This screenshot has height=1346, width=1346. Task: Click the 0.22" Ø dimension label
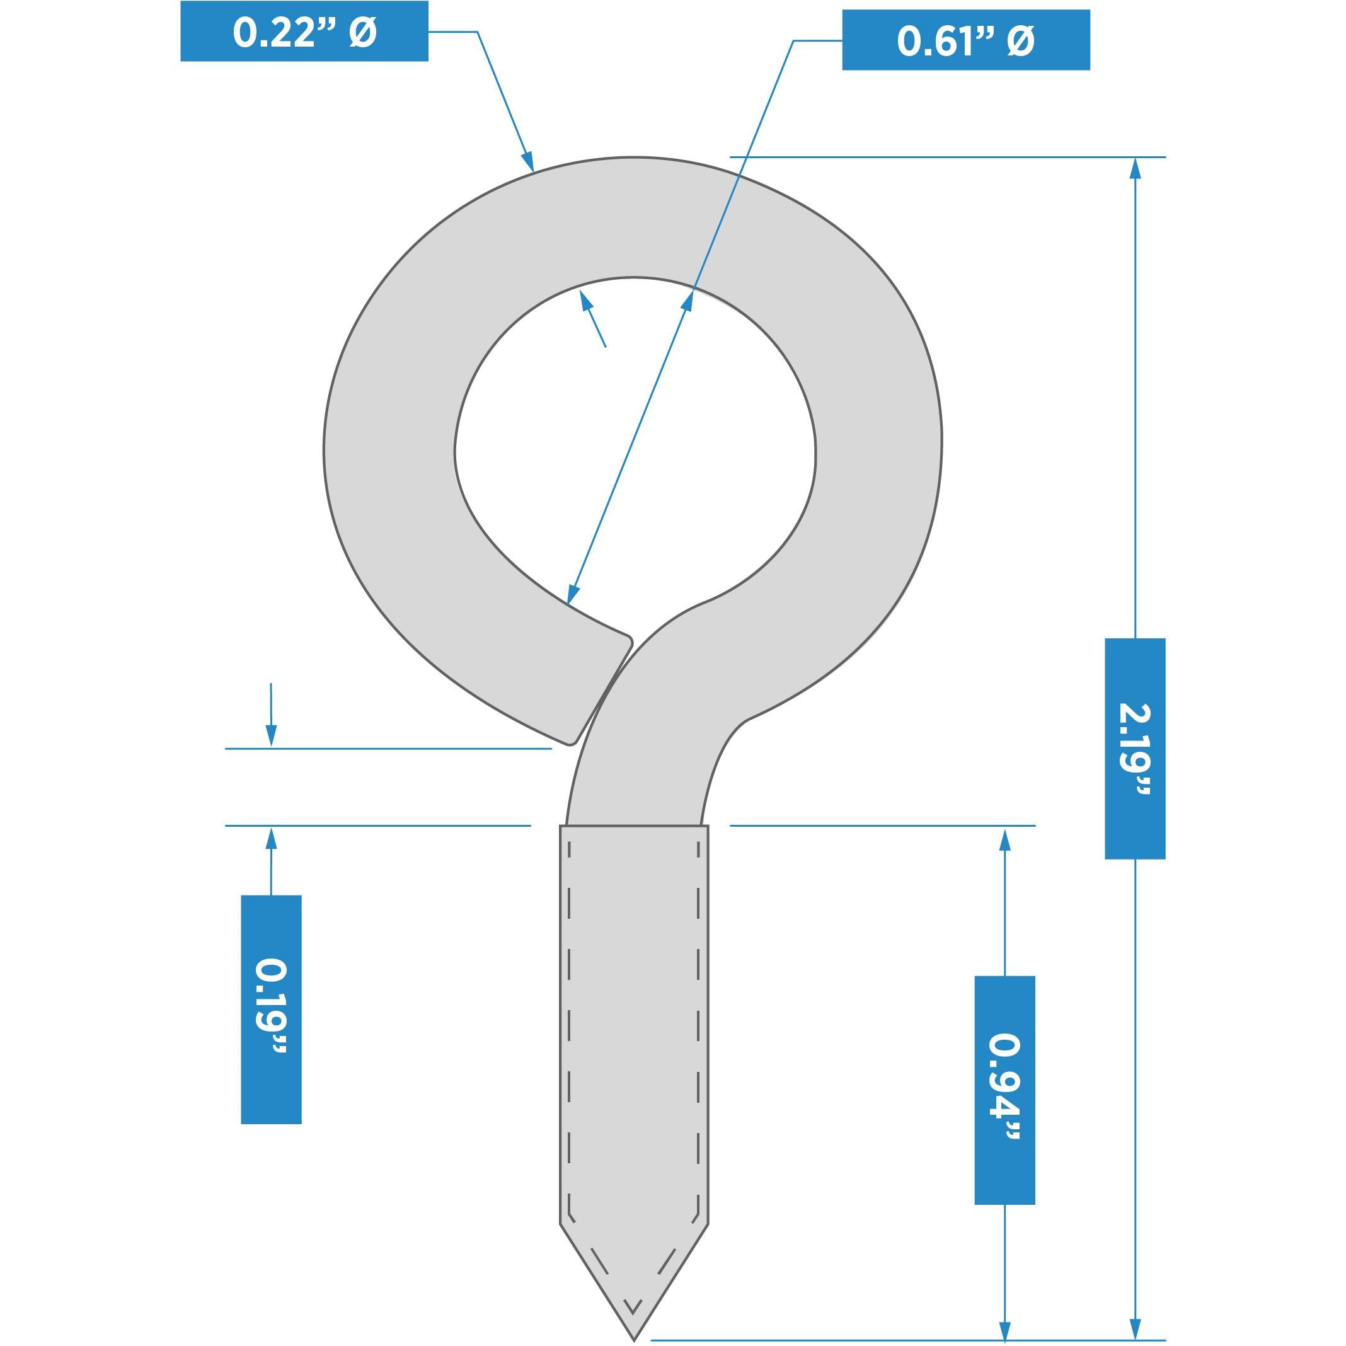click(x=304, y=32)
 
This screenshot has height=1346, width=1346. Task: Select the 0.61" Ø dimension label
click(x=965, y=40)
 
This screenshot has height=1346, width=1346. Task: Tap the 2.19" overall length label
click(x=1135, y=748)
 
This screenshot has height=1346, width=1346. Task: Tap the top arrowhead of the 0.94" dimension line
click(x=1004, y=838)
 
